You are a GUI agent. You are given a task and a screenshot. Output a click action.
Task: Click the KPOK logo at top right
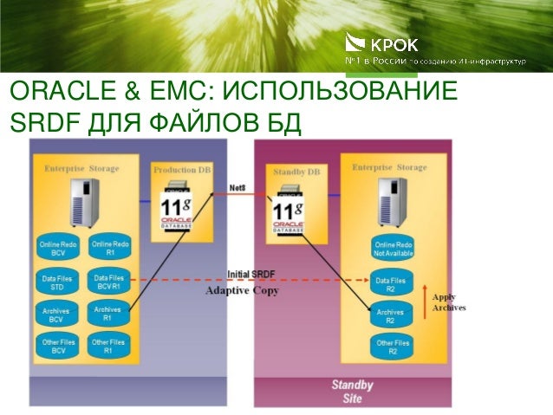click(x=381, y=44)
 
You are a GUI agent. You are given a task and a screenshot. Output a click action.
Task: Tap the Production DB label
click(x=182, y=170)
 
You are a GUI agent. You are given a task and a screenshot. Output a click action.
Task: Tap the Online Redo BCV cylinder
click(x=57, y=250)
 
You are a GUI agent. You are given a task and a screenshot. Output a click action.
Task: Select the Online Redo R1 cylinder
click(x=108, y=250)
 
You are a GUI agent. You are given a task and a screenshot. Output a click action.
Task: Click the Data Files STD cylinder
click(x=57, y=282)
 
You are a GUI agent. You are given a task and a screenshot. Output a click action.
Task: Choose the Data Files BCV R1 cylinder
click(x=108, y=282)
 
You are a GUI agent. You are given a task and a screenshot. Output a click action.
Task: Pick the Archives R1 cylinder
click(x=108, y=314)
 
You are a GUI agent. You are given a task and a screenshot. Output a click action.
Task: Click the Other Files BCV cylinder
click(x=57, y=347)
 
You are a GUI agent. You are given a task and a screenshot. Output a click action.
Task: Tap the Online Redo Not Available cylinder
click(x=390, y=250)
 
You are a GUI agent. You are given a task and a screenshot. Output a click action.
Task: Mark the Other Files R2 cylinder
click(x=390, y=347)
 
